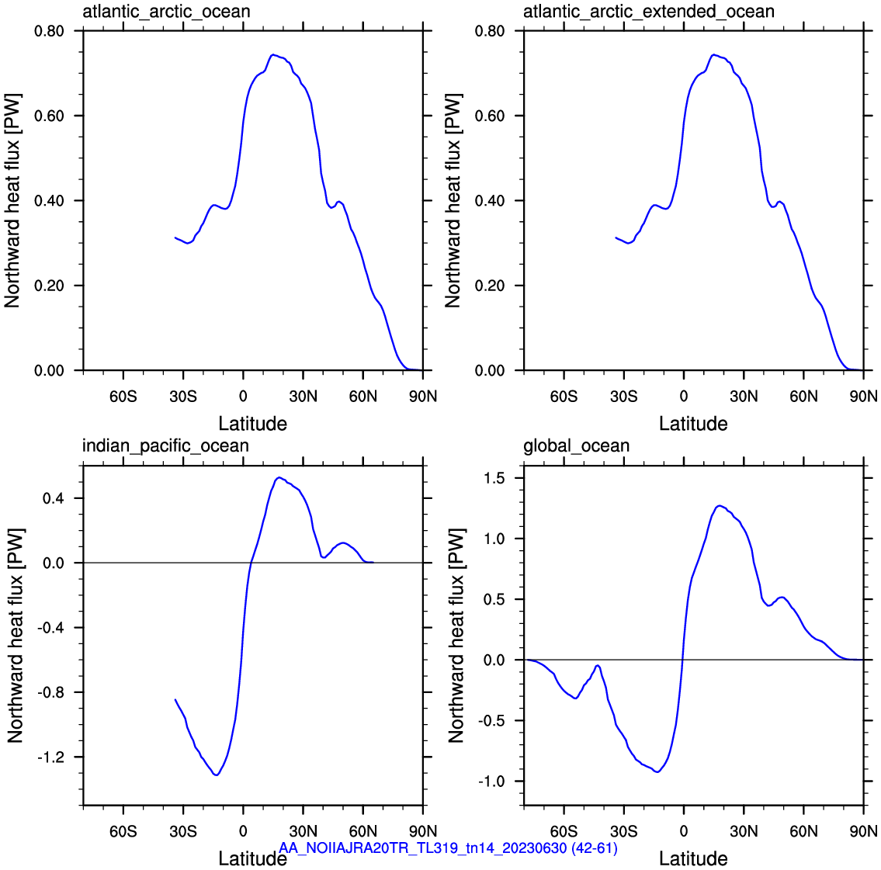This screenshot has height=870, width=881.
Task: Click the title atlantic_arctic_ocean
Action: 166,12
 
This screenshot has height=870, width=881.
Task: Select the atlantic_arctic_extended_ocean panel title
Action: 649,12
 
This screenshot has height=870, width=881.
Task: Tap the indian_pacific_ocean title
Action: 166,446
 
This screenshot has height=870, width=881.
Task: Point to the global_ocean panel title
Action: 577,446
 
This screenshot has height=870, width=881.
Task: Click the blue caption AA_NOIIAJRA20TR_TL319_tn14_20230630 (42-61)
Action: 449,847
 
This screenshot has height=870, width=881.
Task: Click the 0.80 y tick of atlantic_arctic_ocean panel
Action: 50,31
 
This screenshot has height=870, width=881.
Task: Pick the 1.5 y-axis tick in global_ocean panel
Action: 494,478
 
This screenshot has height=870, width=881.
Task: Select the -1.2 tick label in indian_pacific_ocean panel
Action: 50,757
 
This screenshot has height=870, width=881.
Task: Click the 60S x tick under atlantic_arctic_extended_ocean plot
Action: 564,397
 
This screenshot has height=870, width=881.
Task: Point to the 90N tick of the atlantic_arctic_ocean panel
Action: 423,397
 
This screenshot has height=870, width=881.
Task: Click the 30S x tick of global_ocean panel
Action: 623,830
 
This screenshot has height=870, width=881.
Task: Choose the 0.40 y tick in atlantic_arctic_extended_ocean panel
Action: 490,200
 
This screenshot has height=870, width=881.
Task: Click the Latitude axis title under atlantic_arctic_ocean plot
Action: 253,424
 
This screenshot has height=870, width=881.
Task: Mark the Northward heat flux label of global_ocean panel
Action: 456,636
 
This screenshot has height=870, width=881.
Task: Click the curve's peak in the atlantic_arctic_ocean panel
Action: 272,54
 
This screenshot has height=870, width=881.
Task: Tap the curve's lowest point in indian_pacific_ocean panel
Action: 217,775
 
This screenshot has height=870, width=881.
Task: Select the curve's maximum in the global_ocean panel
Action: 720,505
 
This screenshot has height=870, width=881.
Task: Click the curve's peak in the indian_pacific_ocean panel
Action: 279,477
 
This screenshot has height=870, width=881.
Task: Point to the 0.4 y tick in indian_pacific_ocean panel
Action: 54,498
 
